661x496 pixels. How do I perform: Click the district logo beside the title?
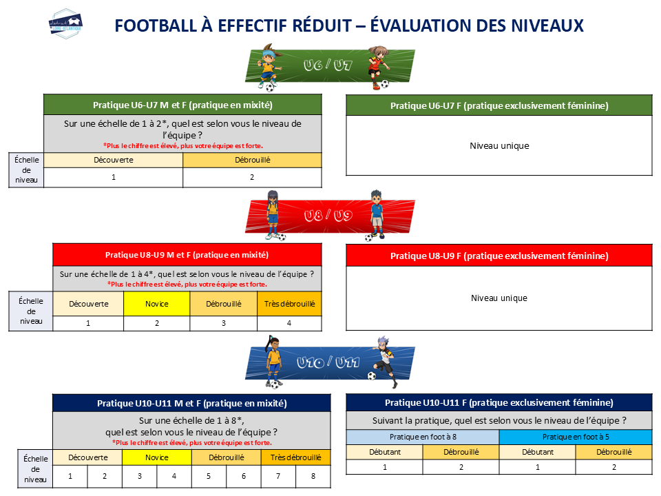pos(65,23)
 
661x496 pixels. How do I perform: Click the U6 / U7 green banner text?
pos(328,65)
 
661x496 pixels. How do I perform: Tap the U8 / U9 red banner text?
pos(328,216)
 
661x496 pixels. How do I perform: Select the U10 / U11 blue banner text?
pos(328,362)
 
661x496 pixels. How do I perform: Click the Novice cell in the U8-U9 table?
pos(157,304)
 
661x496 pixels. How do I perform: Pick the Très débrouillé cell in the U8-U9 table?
pos(290,304)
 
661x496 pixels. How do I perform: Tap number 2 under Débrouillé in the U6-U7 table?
pos(252,177)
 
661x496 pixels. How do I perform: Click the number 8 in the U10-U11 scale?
pos(313,476)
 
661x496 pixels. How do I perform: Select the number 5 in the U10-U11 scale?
pos(209,476)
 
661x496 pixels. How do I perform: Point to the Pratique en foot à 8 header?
pos(423,437)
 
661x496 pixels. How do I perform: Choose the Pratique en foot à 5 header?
pos(576,437)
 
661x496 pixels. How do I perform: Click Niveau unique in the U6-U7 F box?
pos(500,146)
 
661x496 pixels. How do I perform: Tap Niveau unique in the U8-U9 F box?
pos(499,298)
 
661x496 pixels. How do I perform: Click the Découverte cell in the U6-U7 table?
pos(114,161)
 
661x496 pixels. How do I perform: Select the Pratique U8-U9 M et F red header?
pos(187,255)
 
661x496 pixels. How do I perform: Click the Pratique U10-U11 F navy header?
pos(499,403)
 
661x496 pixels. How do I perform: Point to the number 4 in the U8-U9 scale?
pos(289,323)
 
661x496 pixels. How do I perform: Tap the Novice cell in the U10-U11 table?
pos(157,457)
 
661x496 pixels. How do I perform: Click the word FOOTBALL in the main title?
pos(156,25)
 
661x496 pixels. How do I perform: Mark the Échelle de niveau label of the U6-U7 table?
pos(27,170)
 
